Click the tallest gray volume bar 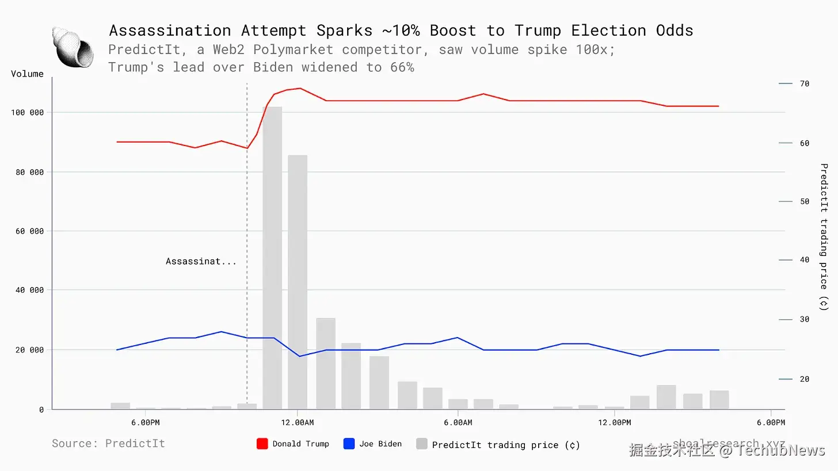point(272,259)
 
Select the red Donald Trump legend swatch point(262,444)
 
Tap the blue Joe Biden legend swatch point(349,444)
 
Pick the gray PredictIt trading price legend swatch point(422,444)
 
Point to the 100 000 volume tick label point(27,113)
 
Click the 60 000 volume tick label point(29,231)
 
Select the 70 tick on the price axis point(804,84)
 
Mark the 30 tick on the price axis point(804,319)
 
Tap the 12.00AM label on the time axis point(297,423)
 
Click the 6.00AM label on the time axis point(458,423)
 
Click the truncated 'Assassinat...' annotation point(201,262)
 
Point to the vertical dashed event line point(247,201)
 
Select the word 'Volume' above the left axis point(27,74)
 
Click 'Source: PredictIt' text point(108,443)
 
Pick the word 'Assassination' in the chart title point(170,30)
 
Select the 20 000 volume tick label point(29,350)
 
